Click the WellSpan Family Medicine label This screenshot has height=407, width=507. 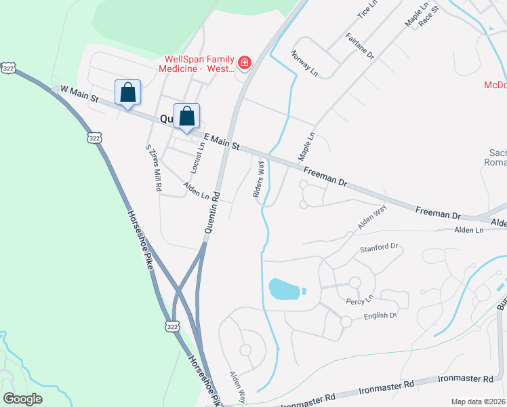coord(197,64)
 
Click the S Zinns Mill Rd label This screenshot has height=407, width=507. coord(153,167)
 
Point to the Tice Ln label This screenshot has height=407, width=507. coord(367,9)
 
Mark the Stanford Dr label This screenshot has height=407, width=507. coord(379,248)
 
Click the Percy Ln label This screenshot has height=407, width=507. coord(360,299)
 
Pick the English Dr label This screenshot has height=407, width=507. coord(378,315)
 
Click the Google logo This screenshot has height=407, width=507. coord(22,398)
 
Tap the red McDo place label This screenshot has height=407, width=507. coord(495,85)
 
